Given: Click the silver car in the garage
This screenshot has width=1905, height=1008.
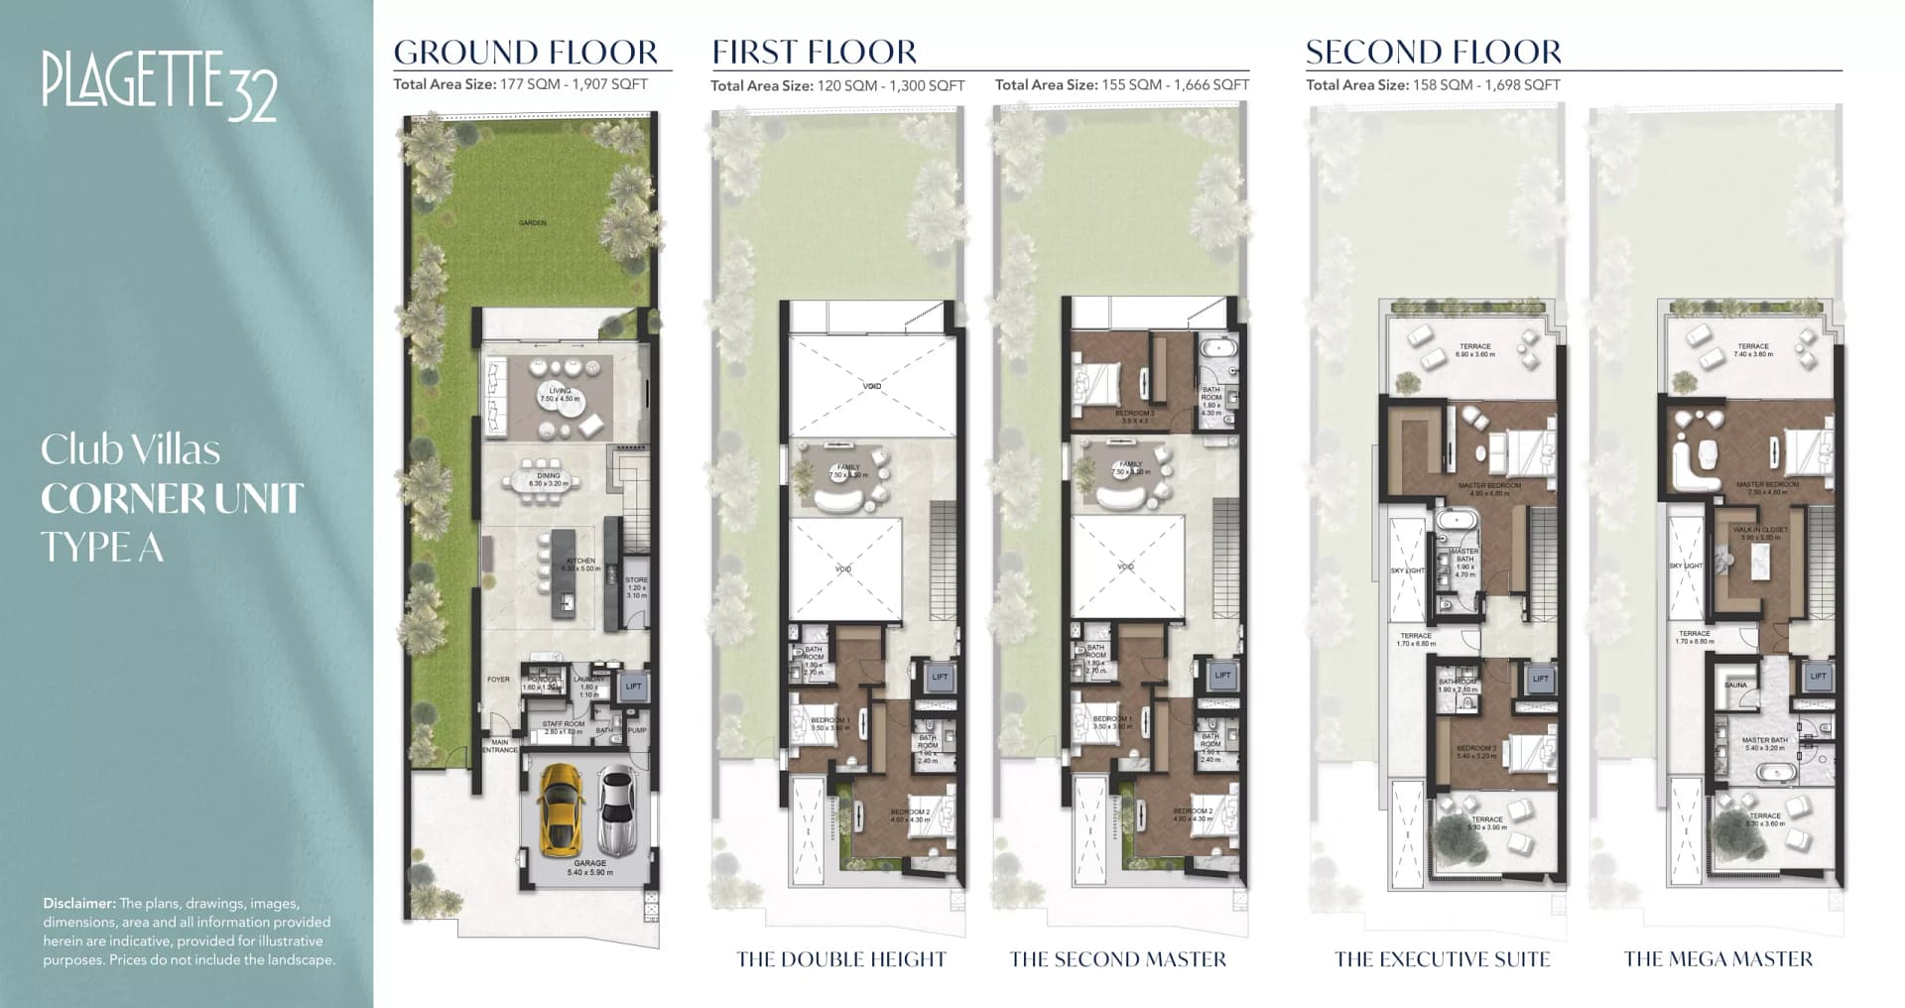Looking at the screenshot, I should coord(616,811).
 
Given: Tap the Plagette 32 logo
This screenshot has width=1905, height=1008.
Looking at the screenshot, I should coord(159,85).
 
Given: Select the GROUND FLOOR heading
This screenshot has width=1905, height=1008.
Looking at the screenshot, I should coord(525,52).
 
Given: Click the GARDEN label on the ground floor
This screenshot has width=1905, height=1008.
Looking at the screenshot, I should coord(533,223).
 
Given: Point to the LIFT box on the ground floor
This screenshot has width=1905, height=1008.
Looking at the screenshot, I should coord(633,686).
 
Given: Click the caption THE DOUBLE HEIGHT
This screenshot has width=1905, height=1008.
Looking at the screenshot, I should coord(840,959).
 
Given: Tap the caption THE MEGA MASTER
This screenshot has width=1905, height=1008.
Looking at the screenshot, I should coord(1717,959).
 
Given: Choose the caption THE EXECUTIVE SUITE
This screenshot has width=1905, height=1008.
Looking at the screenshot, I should coord(1442,959).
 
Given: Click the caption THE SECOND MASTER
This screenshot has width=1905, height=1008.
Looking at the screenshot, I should coord(1117,959).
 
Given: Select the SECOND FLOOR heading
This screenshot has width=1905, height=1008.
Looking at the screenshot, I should coord(1433,52).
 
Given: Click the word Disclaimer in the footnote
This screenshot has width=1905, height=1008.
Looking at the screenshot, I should coord(79,904).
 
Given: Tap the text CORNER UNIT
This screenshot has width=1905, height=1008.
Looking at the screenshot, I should coord(172,499).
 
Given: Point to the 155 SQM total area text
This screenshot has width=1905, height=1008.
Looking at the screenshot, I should coord(1121,85).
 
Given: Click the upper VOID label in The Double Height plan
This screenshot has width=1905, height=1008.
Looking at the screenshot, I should coord(871,386).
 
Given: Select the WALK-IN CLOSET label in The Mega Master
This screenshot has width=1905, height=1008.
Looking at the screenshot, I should coord(1760,530).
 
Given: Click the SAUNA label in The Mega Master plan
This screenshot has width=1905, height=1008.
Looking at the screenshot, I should coord(1735,686).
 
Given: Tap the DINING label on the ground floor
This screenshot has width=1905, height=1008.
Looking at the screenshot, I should coord(549,475).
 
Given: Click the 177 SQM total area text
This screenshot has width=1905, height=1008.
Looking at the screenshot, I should coord(520,84).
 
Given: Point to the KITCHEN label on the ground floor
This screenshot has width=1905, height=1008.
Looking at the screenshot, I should coord(581,561).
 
